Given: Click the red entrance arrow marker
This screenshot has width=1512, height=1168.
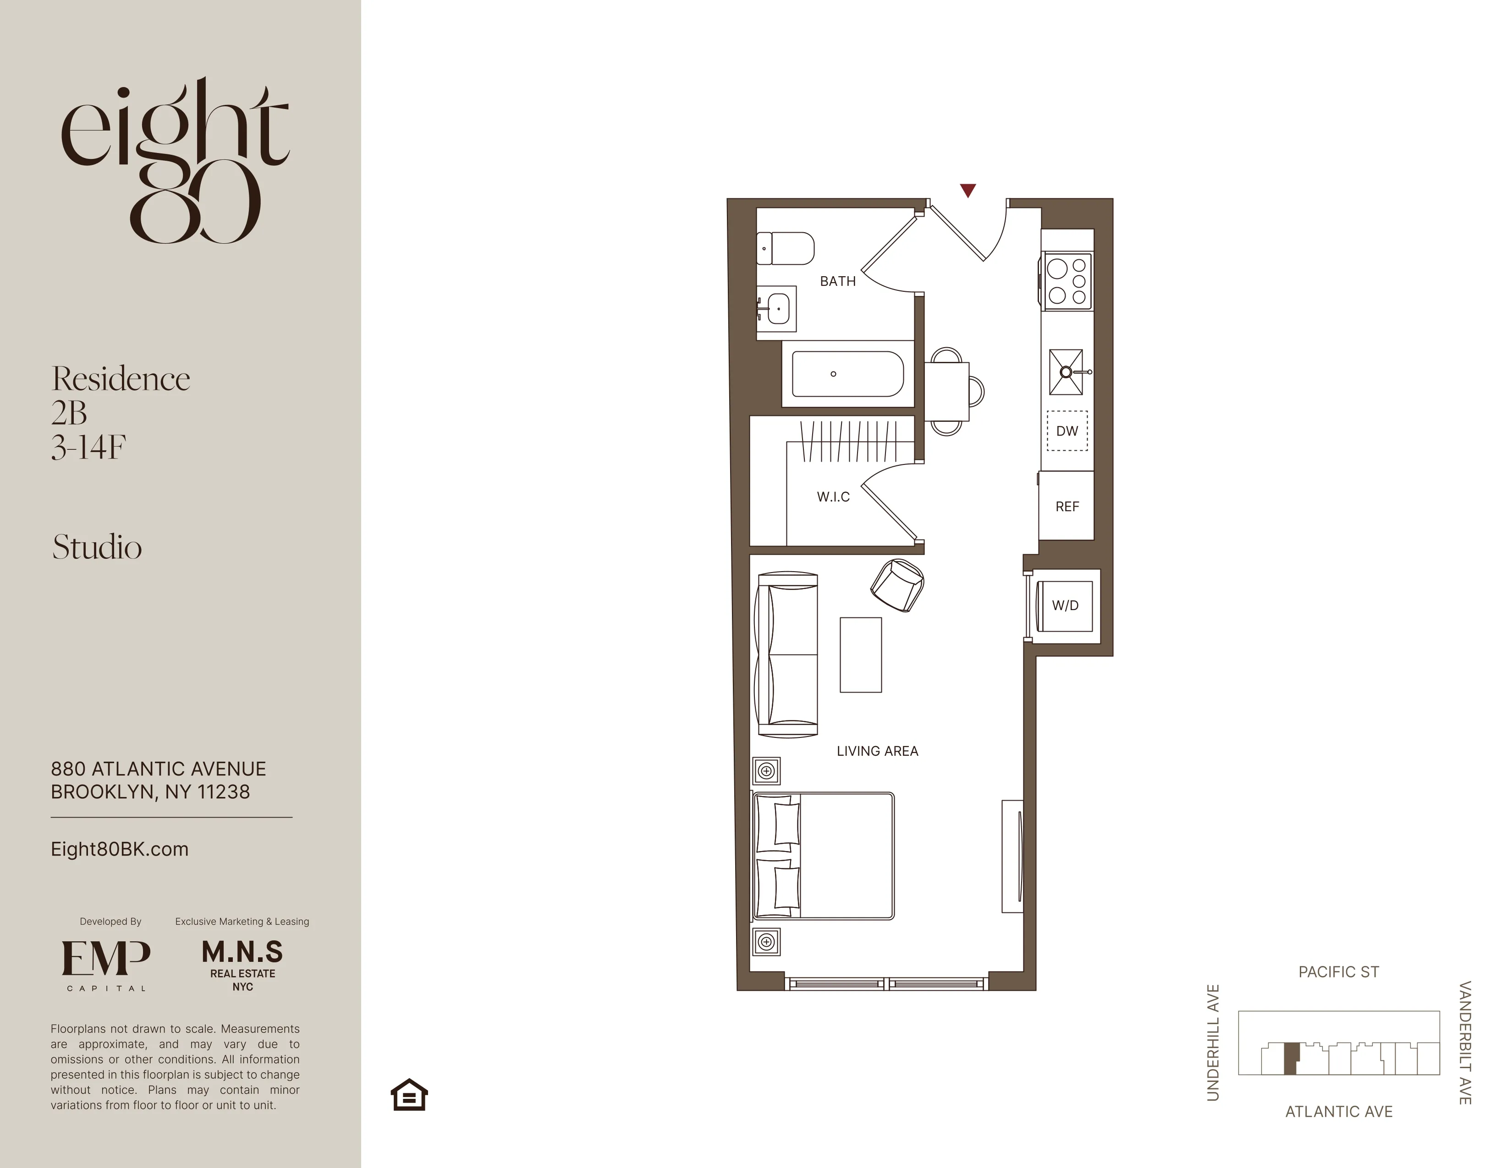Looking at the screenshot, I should (x=968, y=190).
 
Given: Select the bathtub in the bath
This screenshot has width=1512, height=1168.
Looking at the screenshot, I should (x=847, y=374).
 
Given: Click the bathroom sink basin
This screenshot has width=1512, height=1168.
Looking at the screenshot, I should (x=777, y=309).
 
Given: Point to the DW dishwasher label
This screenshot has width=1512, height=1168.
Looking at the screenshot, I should (x=1067, y=431).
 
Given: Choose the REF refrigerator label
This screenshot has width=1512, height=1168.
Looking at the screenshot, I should (x=1067, y=507).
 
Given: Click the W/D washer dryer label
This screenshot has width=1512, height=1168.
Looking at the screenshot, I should (x=1065, y=606).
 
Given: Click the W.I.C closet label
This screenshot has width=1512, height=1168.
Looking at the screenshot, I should (x=833, y=497).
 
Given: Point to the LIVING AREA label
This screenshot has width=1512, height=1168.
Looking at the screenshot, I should (x=877, y=751).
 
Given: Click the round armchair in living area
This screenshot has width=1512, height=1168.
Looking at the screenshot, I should (x=897, y=585).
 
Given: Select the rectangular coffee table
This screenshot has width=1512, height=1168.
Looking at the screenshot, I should (x=861, y=655).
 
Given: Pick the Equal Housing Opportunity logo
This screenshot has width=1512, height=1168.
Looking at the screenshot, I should (x=409, y=1095).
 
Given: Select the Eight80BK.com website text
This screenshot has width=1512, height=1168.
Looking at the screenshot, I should (x=119, y=849).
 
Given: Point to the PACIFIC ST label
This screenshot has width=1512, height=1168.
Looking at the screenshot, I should (x=1338, y=972).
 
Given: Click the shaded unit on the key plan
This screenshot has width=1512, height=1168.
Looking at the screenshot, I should (x=1290, y=1059).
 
